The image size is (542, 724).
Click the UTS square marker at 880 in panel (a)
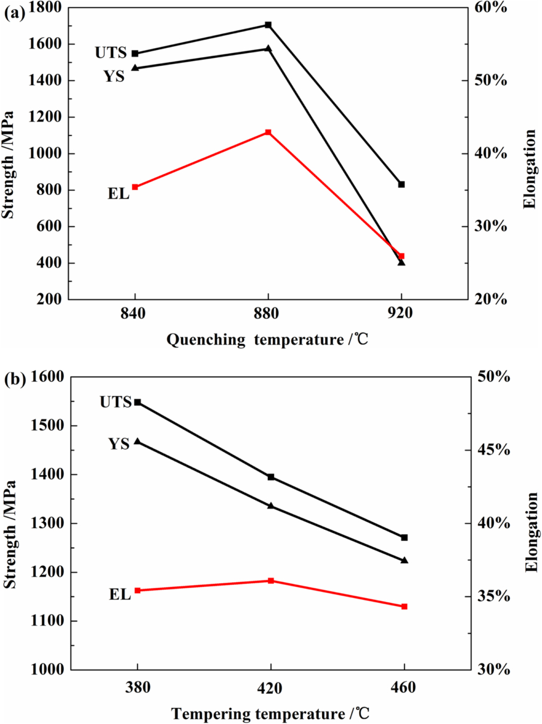(268, 25)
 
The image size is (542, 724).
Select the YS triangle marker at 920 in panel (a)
(402, 262)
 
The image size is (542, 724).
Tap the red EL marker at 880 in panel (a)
(268, 132)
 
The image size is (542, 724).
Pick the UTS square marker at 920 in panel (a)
(402, 184)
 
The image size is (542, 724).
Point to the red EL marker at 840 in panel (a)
(135, 187)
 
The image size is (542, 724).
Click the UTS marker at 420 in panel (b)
(271, 477)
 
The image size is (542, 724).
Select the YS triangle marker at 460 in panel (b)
(404, 560)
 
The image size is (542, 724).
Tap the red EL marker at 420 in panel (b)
(271, 581)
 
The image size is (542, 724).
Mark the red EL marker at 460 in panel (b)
(404, 607)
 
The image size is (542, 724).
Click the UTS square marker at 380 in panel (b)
(138, 403)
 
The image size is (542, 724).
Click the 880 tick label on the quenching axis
(266, 313)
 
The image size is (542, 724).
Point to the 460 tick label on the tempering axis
(403, 687)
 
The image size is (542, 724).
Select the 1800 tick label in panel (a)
(45, 7)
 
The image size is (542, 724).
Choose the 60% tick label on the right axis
(491, 7)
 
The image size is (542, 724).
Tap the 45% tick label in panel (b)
(494, 450)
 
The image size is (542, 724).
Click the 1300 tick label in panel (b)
(47, 523)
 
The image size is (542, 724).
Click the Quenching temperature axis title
(267, 339)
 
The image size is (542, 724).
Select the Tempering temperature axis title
(270, 713)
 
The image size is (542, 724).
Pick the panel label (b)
(14, 379)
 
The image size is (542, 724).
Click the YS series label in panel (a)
(114, 76)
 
